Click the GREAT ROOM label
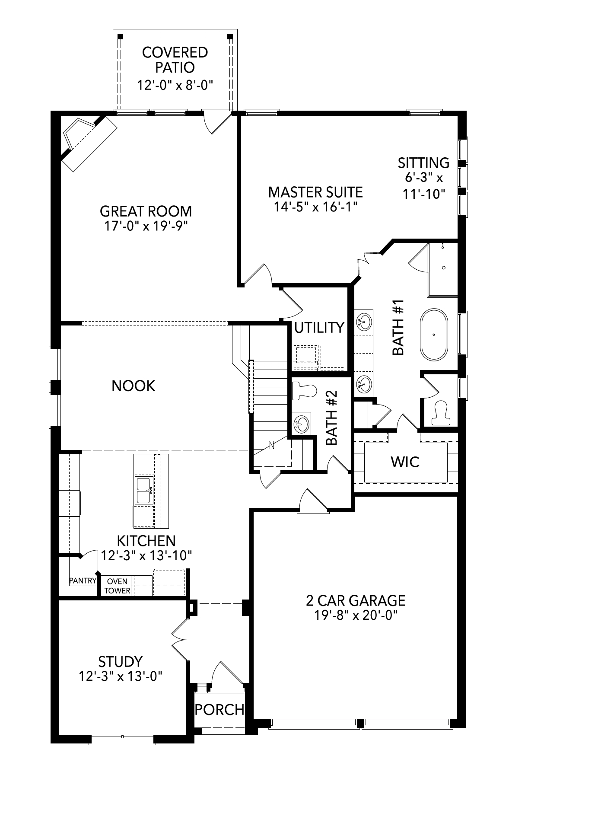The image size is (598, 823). click(x=146, y=211)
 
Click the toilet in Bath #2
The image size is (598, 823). click(x=304, y=392)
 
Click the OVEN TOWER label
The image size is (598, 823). click(x=117, y=586)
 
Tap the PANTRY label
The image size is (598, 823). click(x=83, y=581)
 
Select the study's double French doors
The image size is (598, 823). click(x=179, y=635)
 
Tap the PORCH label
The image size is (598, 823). click(x=219, y=709)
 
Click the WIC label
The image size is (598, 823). click(x=405, y=462)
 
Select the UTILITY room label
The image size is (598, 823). click(x=319, y=328)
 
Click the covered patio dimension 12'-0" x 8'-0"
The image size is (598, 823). click(x=175, y=85)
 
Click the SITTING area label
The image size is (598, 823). click(x=423, y=163)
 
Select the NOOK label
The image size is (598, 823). click(x=133, y=386)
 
